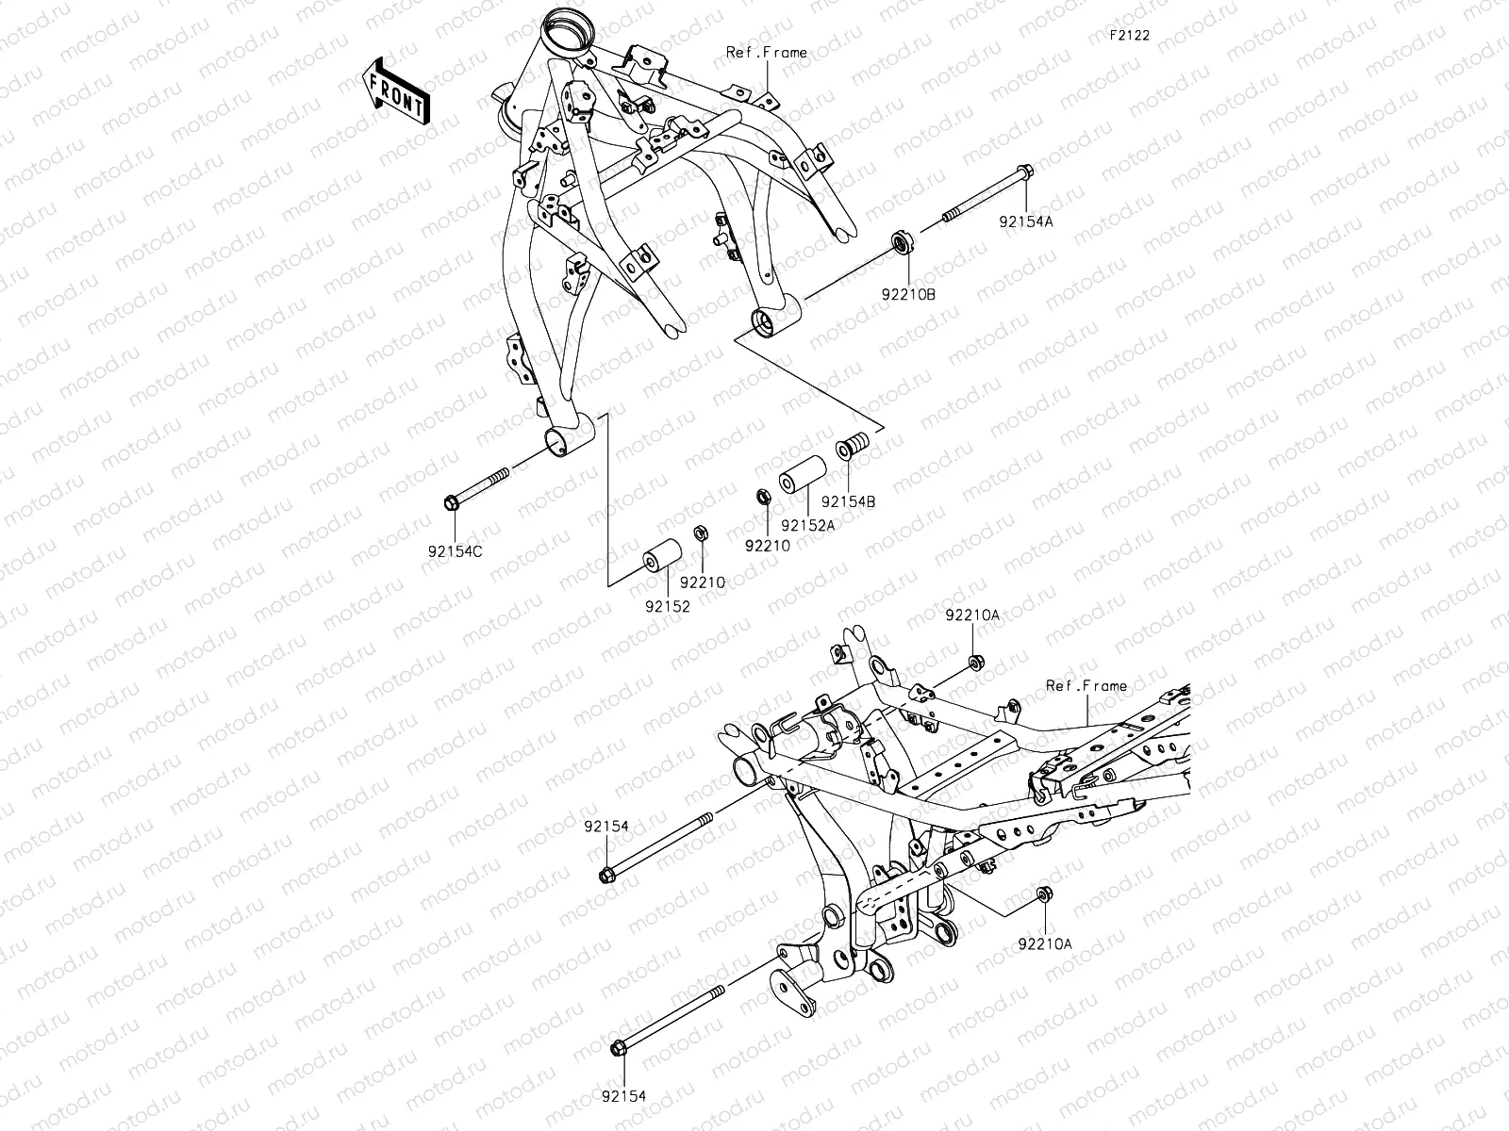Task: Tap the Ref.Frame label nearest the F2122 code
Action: click(766, 53)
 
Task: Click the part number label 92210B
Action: click(908, 294)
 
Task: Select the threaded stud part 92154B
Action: click(852, 445)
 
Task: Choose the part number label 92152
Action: click(668, 607)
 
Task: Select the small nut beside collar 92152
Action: click(701, 534)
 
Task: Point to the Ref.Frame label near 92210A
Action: click(1086, 686)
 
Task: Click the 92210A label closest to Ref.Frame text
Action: click(972, 615)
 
